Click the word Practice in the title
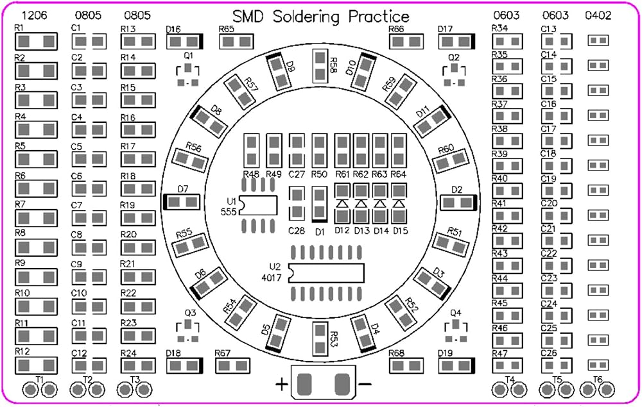[x=379, y=17]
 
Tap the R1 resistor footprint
[x=36, y=41]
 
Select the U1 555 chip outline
[x=258, y=206]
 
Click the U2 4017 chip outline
[x=326, y=273]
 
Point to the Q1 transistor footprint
[x=188, y=75]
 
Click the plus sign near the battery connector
[x=282, y=385]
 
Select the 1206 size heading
[x=35, y=15]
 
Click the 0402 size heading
[x=598, y=15]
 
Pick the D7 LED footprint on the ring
[x=182, y=202]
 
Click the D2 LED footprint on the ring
[x=459, y=203]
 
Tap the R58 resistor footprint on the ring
[x=320, y=66]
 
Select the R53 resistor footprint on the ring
[x=320, y=338]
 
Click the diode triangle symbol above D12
[x=342, y=203]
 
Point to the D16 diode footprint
[x=185, y=42]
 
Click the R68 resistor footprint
[x=406, y=366]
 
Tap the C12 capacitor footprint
[x=89, y=366]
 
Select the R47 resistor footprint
[x=507, y=365]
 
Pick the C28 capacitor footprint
[x=297, y=203]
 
